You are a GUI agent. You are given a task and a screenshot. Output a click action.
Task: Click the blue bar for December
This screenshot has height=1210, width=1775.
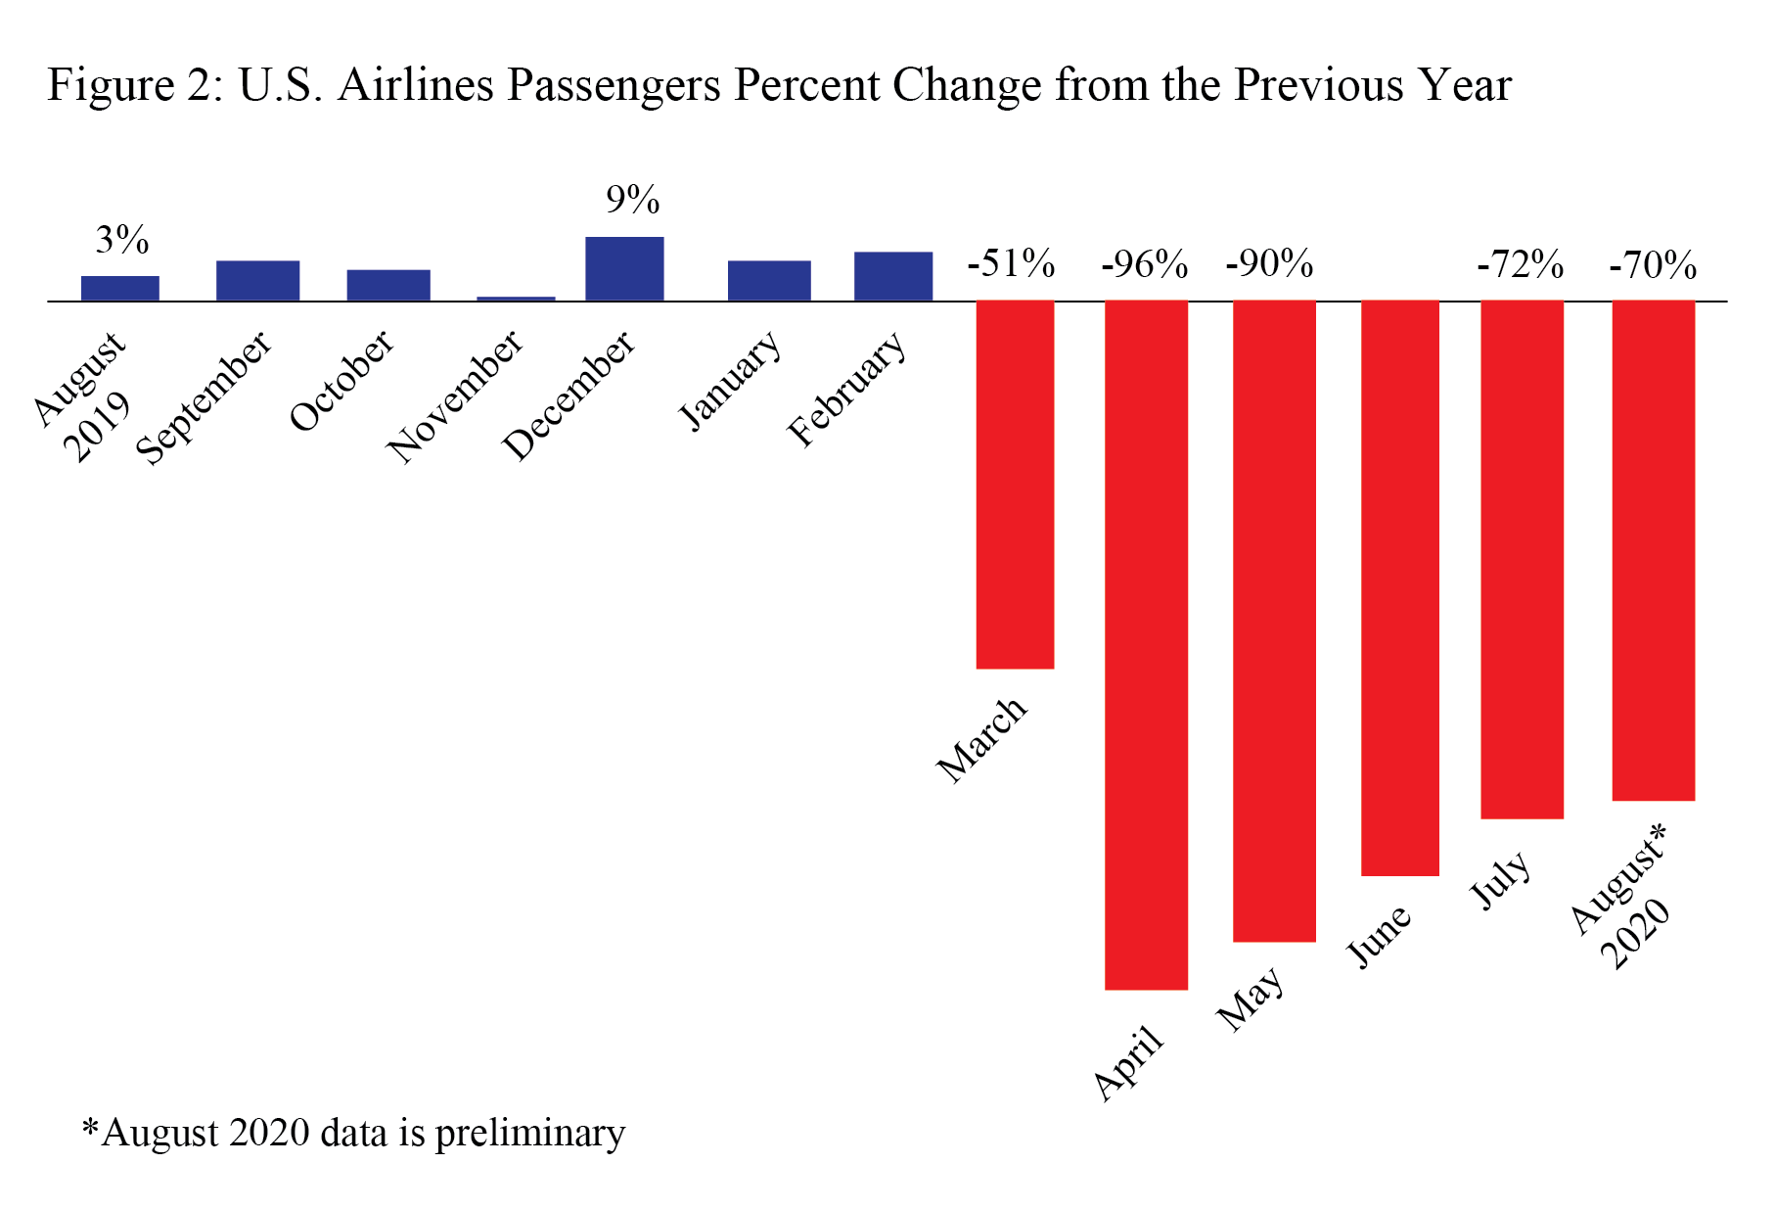(x=624, y=268)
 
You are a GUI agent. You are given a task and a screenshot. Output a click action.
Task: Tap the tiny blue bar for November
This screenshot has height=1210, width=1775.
(x=516, y=298)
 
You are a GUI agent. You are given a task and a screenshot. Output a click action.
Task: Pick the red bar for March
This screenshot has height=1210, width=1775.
(x=1015, y=485)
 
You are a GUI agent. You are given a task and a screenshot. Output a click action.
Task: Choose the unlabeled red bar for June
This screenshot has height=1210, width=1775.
(x=1400, y=587)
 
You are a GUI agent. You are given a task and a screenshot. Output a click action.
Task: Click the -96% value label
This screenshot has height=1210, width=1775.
(x=1144, y=264)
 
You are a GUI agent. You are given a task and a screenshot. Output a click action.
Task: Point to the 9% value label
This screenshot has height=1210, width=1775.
(x=632, y=200)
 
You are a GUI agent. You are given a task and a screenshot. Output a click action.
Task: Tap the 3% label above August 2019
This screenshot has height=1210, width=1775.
(x=122, y=240)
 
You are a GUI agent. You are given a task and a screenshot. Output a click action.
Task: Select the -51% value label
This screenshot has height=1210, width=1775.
(x=1011, y=263)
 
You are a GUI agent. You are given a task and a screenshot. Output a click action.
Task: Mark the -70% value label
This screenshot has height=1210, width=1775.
(x=1653, y=265)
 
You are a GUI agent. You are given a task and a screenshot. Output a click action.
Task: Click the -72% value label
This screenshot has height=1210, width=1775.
(x=1520, y=264)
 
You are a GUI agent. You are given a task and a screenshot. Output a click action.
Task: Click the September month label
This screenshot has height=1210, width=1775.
(x=204, y=396)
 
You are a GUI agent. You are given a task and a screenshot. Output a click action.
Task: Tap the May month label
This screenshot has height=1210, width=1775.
(x=1250, y=999)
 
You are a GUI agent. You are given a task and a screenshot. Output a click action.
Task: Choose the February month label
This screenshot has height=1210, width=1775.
(x=847, y=389)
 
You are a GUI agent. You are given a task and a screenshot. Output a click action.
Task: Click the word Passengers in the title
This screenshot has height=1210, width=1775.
(x=614, y=85)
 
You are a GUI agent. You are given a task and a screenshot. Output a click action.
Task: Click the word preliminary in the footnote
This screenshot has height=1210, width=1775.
(x=529, y=1133)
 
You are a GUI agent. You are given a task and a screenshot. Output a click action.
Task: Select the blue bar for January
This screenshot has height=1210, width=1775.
(x=769, y=280)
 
